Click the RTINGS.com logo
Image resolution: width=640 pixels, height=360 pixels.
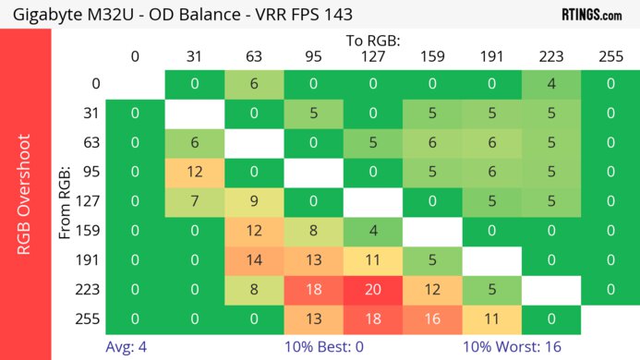(591, 14)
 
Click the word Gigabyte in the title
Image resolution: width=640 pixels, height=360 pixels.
(42, 14)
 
